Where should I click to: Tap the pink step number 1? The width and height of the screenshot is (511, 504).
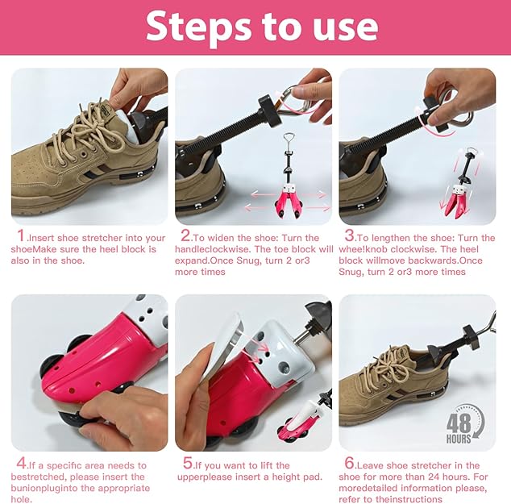pyautogui.click(x=21, y=236)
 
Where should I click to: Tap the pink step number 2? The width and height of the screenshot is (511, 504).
pyautogui.click(x=185, y=236)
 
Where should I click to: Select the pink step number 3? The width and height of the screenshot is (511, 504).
pyautogui.click(x=349, y=236)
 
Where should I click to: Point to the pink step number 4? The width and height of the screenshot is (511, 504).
pyautogui.click(x=21, y=464)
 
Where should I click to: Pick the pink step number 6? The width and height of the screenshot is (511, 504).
pyautogui.click(x=349, y=464)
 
